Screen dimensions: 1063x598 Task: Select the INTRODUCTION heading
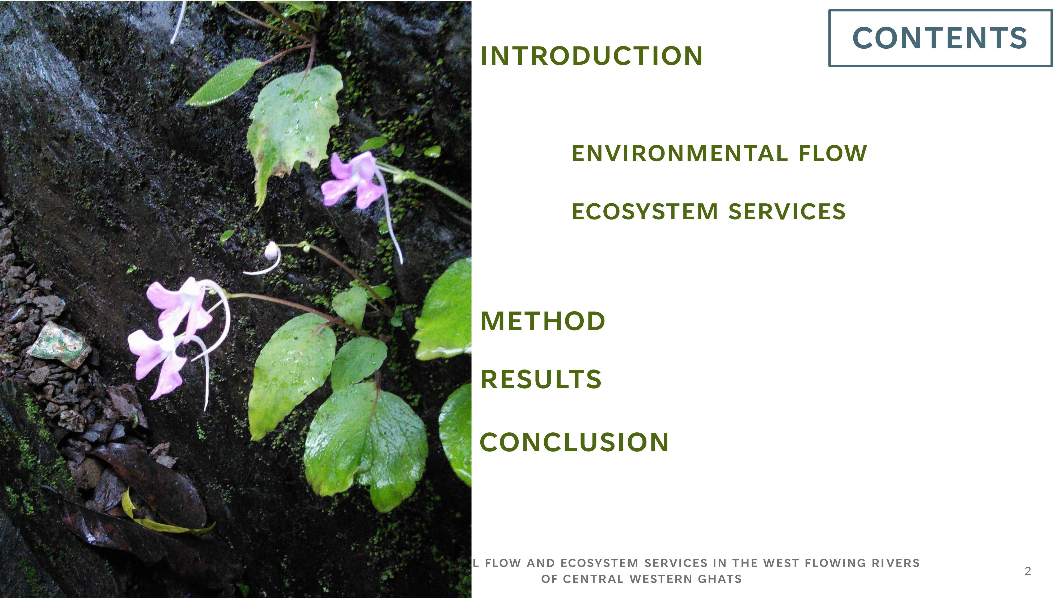point(591,56)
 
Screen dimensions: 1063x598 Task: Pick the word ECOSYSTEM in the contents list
point(645,212)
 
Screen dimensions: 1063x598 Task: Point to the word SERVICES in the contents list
point(787,212)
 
